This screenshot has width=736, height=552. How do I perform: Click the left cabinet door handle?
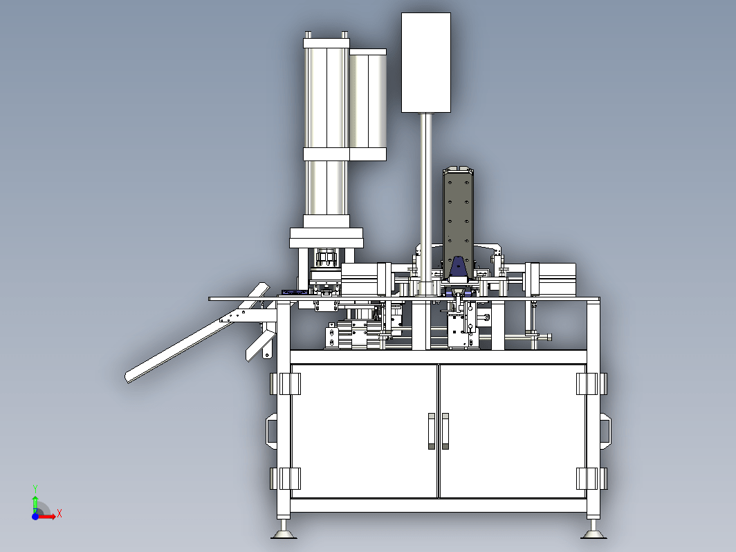432,431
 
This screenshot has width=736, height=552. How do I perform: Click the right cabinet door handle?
445,431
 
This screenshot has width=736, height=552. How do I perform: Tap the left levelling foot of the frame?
284,530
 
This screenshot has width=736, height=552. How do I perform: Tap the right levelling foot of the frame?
594,530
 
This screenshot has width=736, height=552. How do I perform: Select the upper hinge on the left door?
286,384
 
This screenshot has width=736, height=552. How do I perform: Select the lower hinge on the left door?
286,479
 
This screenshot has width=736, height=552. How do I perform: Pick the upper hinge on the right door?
592,384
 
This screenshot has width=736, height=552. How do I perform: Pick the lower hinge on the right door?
592,479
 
